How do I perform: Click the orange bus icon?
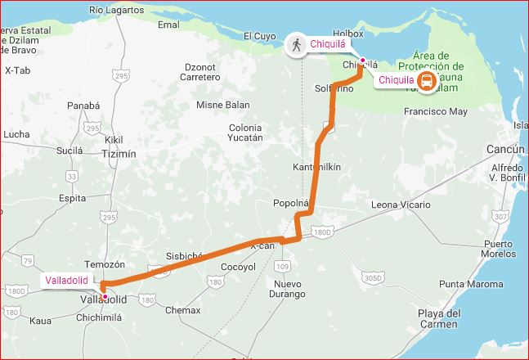[426, 80]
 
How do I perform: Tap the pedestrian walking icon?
[295, 45]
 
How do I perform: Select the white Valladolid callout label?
[67, 280]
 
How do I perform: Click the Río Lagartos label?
[116, 10]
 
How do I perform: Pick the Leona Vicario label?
[400, 204]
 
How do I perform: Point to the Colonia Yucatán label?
[245, 133]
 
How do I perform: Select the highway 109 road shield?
[283, 267]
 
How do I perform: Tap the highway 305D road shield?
[373, 278]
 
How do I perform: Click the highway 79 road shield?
[28, 262]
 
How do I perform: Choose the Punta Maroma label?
[469, 284]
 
